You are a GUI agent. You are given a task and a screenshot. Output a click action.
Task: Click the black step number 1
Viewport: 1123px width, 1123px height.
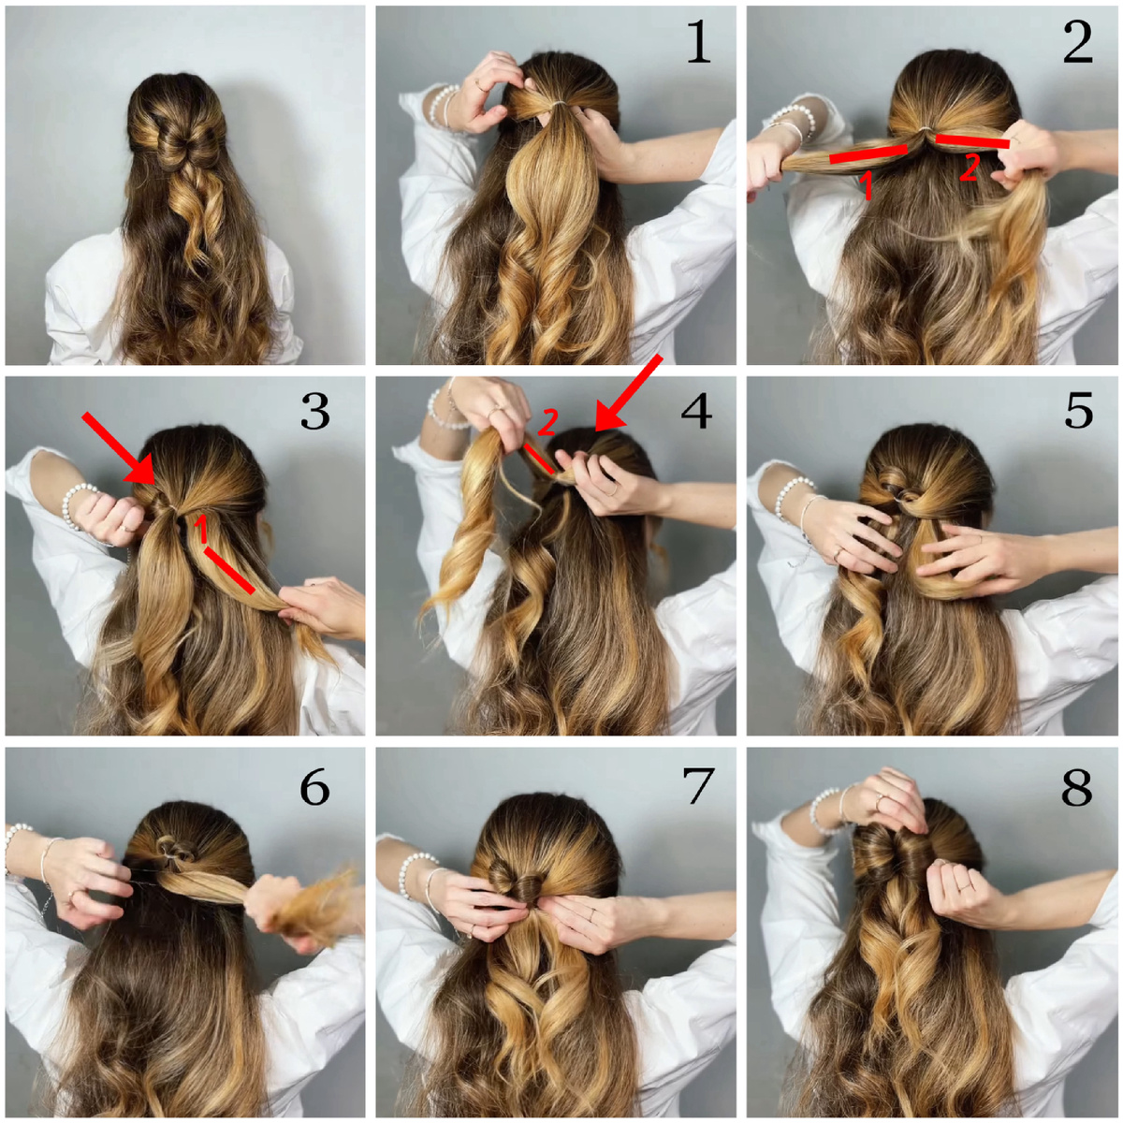[x=699, y=42]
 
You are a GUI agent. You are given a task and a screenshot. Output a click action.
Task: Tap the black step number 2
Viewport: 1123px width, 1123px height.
[x=1077, y=42]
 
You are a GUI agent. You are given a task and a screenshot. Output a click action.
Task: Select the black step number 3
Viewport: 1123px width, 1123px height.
[x=315, y=410]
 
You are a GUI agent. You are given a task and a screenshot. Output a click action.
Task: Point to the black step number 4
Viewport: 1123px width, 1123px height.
[x=696, y=410]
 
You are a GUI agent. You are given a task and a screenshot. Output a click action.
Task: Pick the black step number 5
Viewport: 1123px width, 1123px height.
[x=1078, y=410]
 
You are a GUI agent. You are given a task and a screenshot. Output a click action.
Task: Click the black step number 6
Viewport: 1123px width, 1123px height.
[x=314, y=787]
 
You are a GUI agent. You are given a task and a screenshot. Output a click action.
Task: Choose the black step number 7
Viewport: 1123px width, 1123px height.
[x=697, y=787]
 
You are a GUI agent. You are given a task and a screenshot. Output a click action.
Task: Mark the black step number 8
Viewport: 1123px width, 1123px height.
[x=1076, y=787]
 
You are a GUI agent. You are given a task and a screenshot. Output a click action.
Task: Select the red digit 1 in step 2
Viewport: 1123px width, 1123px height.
[x=867, y=184]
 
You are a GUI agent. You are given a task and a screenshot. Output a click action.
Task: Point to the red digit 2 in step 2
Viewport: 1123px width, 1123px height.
[x=968, y=168]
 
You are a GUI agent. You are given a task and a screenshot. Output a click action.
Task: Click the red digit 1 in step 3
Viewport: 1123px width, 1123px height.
[x=201, y=529]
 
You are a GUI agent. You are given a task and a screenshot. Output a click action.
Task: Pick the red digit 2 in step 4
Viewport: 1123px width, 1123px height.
[x=547, y=422]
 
